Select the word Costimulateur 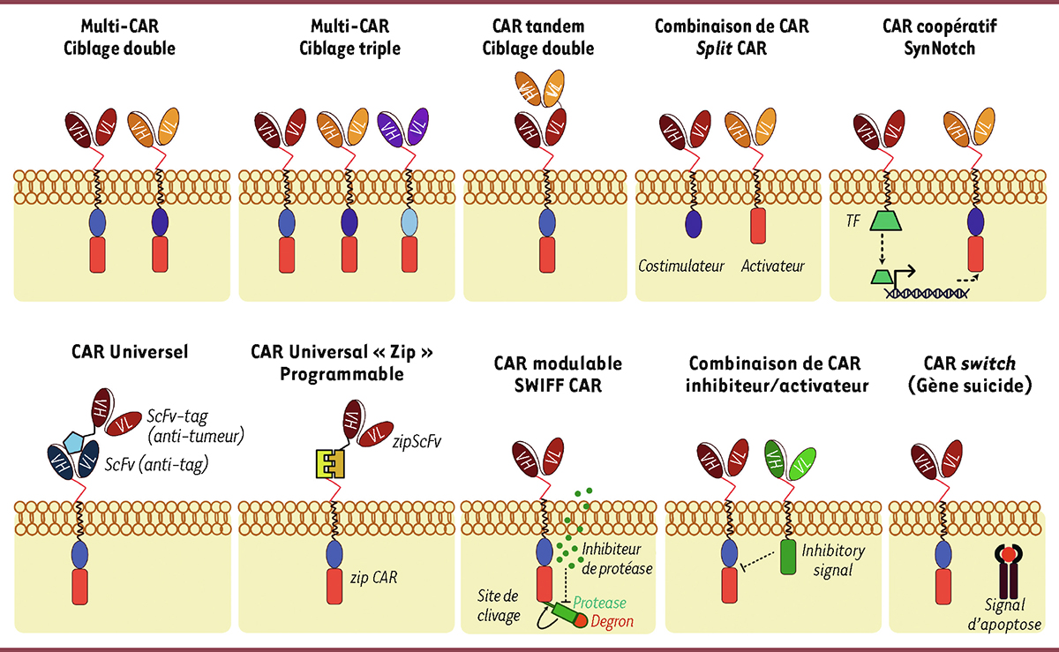(x=682, y=266)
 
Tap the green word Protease (x=600, y=603)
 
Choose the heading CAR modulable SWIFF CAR (x=557, y=374)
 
